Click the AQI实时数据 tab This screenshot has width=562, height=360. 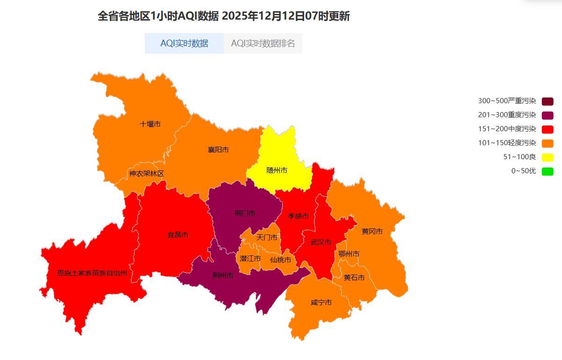pyautogui.click(x=184, y=43)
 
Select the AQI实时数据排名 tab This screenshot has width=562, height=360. pyautogui.click(x=263, y=43)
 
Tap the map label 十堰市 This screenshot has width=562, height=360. pyautogui.click(x=150, y=124)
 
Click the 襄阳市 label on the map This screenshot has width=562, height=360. pyautogui.click(x=218, y=150)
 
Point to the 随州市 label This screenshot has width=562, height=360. pyautogui.click(x=277, y=170)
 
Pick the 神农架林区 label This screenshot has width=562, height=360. pyautogui.click(x=147, y=174)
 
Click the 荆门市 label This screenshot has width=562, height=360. pyautogui.click(x=245, y=213)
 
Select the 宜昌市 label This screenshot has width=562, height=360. pyautogui.click(x=178, y=235)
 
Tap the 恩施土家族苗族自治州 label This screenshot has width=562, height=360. pyautogui.click(x=92, y=273)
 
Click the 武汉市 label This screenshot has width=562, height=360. pyautogui.click(x=320, y=242)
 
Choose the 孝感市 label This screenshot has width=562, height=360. pyautogui.click(x=298, y=216)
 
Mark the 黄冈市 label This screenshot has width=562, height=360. pyautogui.click(x=372, y=232)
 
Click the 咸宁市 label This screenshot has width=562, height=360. pyautogui.click(x=321, y=303)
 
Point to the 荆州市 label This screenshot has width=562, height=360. pyautogui.click(x=223, y=275)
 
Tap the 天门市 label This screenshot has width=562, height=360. pyautogui.click(x=267, y=238)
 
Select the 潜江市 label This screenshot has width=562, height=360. pyautogui.click(x=250, y=259)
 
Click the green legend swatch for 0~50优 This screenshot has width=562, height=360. pyautogui.click(x=548, y=171)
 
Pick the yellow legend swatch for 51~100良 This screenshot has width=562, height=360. pyautogui.click(x=548, y=157)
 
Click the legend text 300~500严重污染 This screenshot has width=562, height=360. pyautogui.click(x=507, y=101)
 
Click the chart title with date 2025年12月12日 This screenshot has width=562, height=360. pyautogui.click(x=223, y=16)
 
